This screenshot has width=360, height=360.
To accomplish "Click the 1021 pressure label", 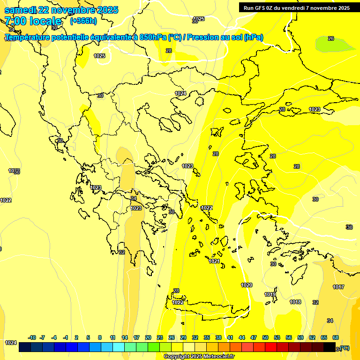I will pos(214,261).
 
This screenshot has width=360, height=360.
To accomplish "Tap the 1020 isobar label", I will pos(247,285).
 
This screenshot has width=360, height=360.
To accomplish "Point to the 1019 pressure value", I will pos(270,294).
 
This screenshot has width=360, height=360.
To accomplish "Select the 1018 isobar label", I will pos(295,302).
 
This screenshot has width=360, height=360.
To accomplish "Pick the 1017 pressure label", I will pos(338,287).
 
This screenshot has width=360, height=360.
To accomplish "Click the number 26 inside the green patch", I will pos(331,38).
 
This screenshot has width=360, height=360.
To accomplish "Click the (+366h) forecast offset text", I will pos(83,21).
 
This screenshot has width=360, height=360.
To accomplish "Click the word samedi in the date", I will pos(19,10).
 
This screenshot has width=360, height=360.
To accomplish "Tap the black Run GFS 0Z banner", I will pos(296,8).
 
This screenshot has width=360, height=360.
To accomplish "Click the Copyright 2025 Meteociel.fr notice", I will pos(198,356).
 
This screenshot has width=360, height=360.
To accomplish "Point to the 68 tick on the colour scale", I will pos(336,337).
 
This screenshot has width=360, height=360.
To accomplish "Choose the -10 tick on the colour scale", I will pos(32,337).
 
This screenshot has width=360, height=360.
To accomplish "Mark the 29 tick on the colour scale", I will pos(183,337).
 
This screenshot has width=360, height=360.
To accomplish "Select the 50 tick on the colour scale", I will pos(265,337).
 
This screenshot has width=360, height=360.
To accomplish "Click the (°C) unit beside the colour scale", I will pos(344,348).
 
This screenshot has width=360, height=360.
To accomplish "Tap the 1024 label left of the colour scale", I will pos(11,343).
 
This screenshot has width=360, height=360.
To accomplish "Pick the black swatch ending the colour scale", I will pos(330,347).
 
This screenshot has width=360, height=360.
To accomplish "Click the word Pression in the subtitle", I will pos(202,37).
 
